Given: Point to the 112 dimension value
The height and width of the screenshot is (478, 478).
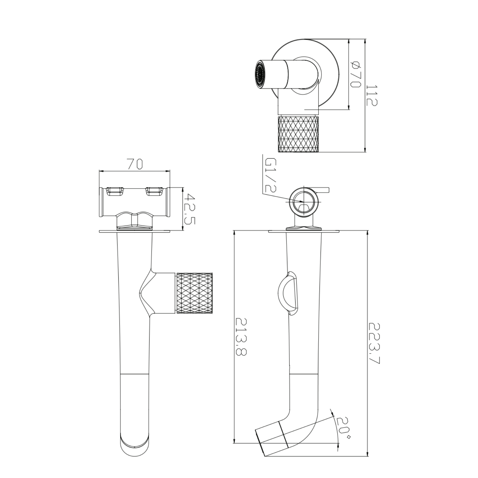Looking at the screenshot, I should coord(372,95).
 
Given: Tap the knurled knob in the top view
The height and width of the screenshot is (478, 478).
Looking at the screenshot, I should coord(299,134).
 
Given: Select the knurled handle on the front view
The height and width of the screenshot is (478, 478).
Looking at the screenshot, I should coord(194,293).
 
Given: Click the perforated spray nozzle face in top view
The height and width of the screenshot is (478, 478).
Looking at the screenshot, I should coord(259,74).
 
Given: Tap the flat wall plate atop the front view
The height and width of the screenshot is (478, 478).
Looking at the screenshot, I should coord(135,231).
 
